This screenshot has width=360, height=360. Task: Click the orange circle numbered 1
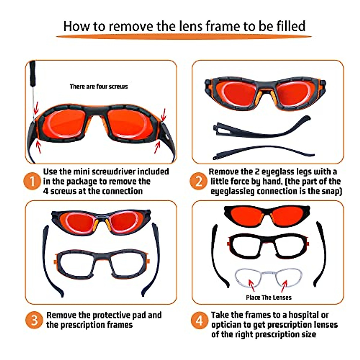click(32, 181)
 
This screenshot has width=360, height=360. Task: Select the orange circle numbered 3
click(34, 320)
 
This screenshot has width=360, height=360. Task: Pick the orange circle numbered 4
click(199, 320)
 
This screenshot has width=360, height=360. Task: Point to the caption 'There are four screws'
click(99, 87)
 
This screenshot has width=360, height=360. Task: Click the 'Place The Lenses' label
click(268, 298)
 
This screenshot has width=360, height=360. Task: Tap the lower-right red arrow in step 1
click(157, 147)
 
